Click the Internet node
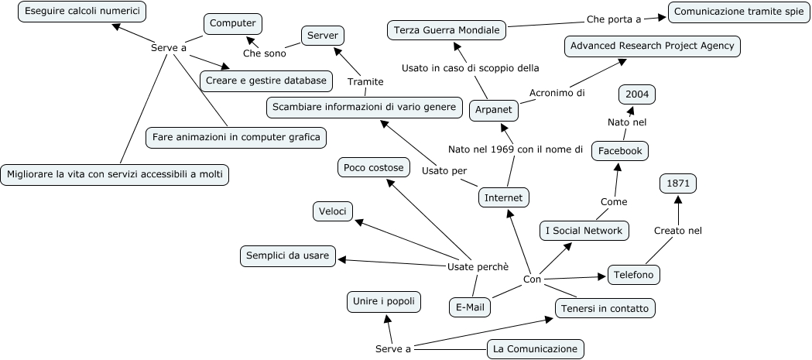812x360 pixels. tap(503, 198)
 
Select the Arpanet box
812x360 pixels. tap(494, 111)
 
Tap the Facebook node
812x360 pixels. tap(619, 151)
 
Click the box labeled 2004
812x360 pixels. tap(637, 94)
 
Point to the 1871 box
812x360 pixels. tap(678, 183)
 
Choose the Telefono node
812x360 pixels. tap(634, 275)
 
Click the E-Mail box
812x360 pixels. tap(470, 307)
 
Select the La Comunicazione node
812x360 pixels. tap(535, 349)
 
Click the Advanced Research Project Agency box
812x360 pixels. tap(652, 46)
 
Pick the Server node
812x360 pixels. tap(322, 36)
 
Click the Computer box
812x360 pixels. tap(233, 24)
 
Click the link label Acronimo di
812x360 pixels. tap(557, 93)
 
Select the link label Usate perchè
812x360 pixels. tap(478, 266)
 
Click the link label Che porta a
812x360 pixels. tap(614, 19)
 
